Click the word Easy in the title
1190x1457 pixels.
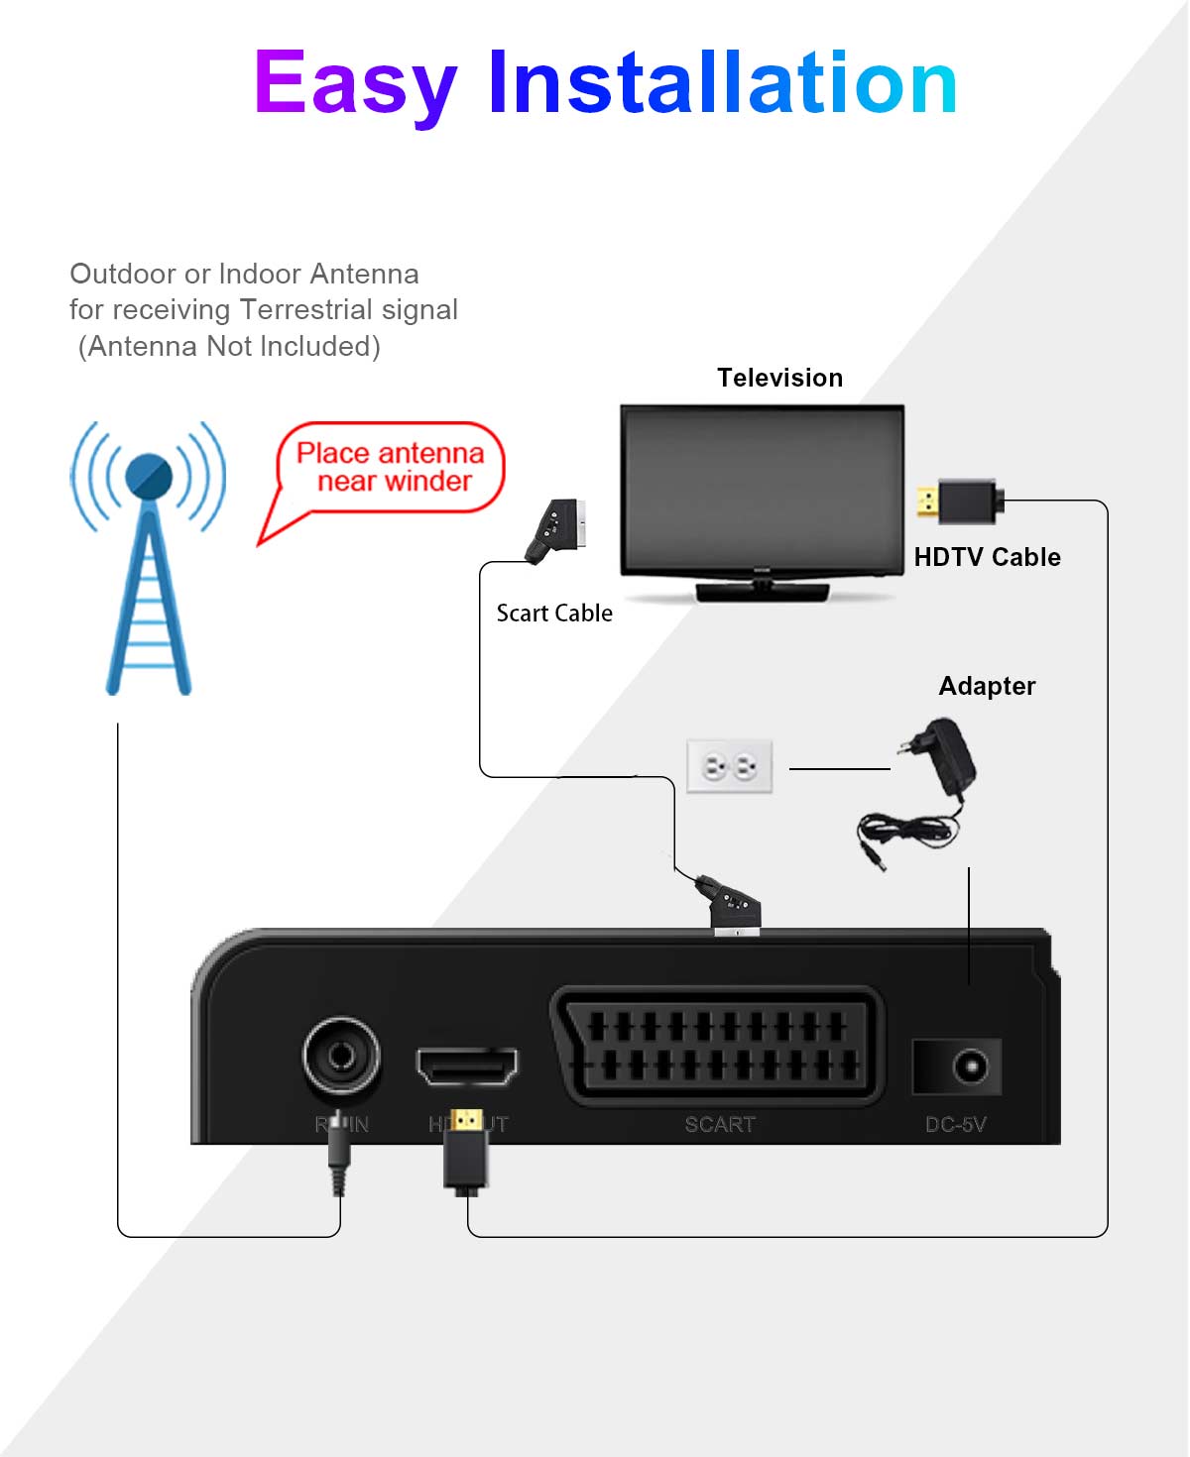click(x=354, y=83)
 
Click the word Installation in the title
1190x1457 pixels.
click(x=722, y=83)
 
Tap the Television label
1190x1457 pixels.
click(x=779, y=378)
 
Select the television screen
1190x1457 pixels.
click(x=762, y=488)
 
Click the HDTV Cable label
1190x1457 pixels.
click(x=987, y=557)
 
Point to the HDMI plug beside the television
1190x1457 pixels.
click(x=960, y=501)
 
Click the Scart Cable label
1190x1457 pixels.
click(x=554, y=614)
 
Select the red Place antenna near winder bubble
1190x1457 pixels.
click(x=390, y=468)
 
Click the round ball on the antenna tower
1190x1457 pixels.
click(x=149, y=477)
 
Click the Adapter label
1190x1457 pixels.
click(x=987, y=686)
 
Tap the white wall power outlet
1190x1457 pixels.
click(x=730, y=766)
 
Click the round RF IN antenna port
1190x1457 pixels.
click(x=341, y=1056)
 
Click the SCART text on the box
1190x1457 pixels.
click(x=720, y=1124)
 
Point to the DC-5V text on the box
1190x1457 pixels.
click(x=955, y=1124)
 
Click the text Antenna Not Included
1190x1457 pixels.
click(x=229, y=346)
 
